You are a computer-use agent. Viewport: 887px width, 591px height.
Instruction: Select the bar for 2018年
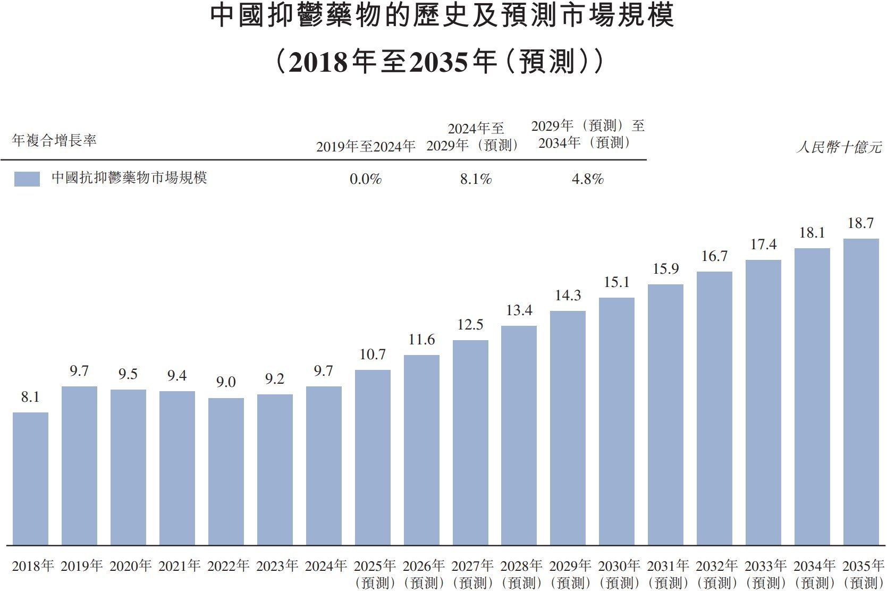[30, 478]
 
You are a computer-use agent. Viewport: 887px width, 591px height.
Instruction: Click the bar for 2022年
[226, 471]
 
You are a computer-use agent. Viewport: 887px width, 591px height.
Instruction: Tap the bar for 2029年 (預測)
[568, 428]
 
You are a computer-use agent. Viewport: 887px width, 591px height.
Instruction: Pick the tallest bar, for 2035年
[861, 392]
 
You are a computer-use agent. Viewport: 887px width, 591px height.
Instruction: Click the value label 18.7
[860, 223]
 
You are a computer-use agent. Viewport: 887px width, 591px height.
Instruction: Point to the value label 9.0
[226, 382]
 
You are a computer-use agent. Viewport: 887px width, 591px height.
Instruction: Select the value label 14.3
[568, 295]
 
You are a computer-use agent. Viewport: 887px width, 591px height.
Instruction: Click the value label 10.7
[373, 354]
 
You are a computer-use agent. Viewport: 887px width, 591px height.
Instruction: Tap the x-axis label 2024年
[325, 566]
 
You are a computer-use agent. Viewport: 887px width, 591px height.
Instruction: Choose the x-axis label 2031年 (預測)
[668, 574]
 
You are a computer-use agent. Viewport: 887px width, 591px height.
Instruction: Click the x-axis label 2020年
[130, 566]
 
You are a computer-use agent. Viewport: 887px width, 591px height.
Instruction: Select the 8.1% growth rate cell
[476, 179]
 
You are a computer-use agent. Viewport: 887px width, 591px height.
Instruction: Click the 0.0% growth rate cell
[366, 179]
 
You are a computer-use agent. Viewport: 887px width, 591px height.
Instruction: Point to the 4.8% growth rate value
[587, 179]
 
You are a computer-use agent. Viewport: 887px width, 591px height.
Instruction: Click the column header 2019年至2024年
[366, 147]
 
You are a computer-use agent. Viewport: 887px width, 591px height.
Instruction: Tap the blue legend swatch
[27, 179]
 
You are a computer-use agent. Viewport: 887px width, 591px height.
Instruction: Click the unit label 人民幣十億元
[839, 147]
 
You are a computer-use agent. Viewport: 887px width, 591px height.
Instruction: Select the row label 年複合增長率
[54, 140]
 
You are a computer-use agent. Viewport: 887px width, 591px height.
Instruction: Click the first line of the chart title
[442, 16]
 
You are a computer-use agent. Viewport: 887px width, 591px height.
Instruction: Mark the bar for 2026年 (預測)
[421, 450]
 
